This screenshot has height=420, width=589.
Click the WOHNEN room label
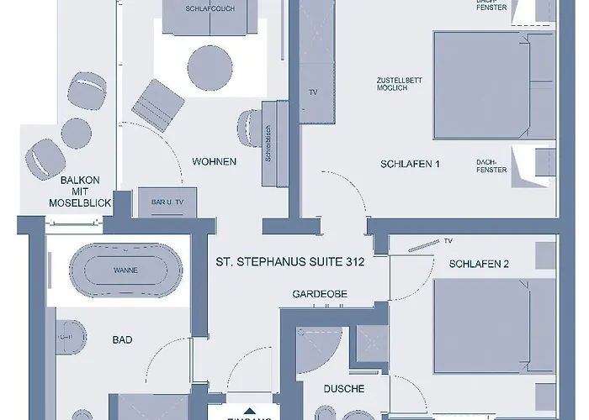point(214,161)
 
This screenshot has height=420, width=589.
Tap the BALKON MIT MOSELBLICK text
point(80,191)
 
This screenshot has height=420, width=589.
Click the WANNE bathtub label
point(125,270)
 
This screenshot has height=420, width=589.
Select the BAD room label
point(123,339)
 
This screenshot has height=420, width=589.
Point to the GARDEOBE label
point(320,294)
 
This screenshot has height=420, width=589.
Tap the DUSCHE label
point(343,389)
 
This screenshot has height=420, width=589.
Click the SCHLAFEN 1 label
point(411,164)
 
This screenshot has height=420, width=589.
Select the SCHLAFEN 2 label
point(479,264)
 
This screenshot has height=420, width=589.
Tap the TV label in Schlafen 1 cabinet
point(313,92)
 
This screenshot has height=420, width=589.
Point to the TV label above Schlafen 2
point(448,239)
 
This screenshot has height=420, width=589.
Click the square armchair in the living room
point(157,105)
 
